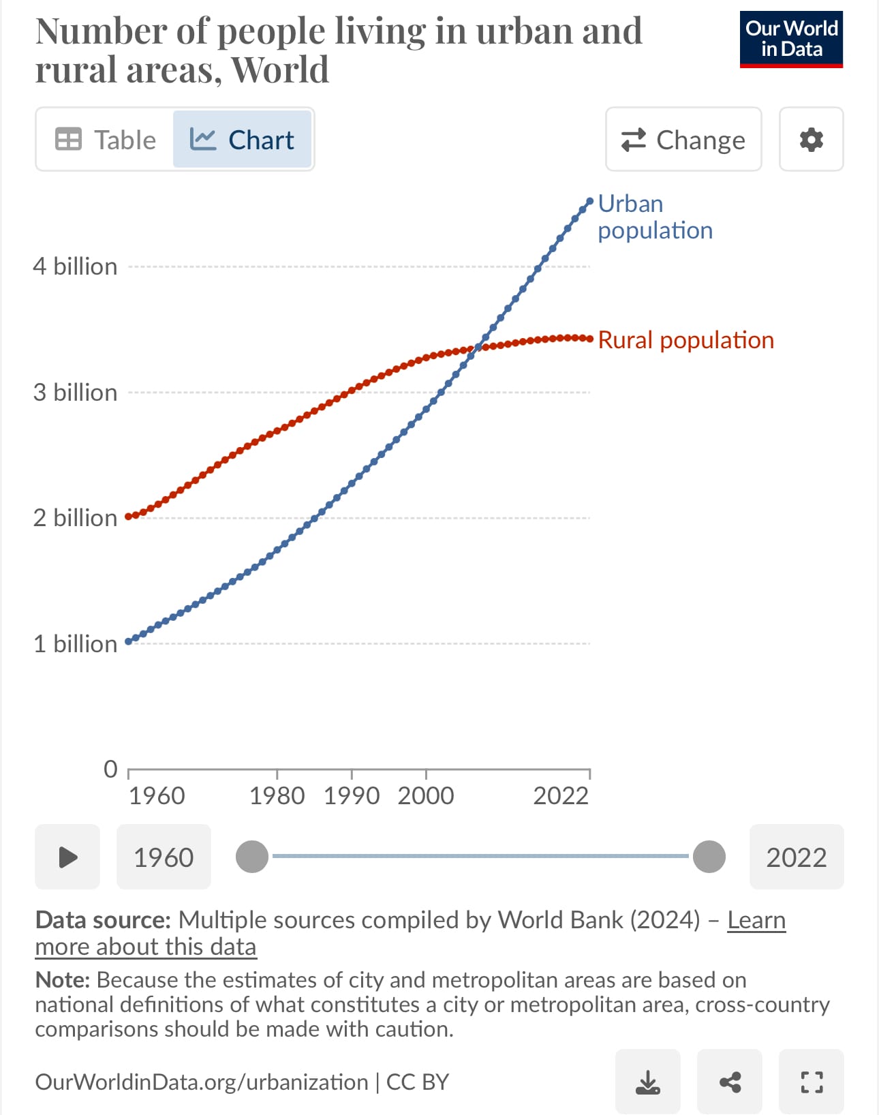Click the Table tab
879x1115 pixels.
106,140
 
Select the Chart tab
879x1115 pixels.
242,140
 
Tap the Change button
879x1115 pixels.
683,140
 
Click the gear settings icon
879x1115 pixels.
811,140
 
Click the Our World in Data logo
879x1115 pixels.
791,40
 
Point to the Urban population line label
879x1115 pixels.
654,217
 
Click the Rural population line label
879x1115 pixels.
685,340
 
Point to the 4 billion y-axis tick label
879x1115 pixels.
75,266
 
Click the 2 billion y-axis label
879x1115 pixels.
75,518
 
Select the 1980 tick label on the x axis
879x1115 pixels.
277,795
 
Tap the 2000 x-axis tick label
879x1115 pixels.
426,795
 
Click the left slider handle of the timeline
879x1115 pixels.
252,857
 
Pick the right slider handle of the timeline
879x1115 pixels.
709,857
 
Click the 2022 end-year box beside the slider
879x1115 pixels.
796,857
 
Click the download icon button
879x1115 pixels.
647,1082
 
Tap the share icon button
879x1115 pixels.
730,1082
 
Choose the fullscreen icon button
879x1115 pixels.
812,1082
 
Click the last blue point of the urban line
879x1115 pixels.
590,201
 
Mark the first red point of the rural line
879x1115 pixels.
129,517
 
